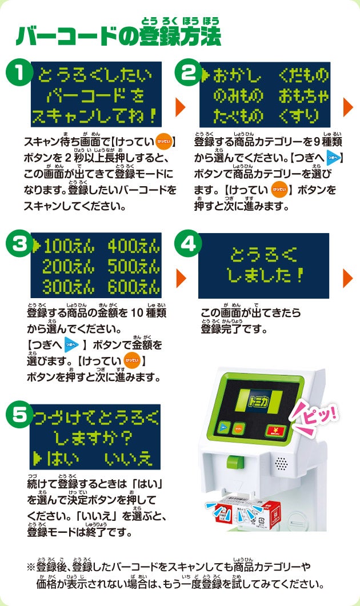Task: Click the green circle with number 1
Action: point(19,73)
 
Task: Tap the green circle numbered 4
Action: point(188,243)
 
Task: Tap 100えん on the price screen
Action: point(69,246)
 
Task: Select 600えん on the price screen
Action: point(134,287)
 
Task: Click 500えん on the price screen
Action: point(134,266)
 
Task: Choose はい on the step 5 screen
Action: point(63,459)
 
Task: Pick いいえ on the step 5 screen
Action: point(128,459)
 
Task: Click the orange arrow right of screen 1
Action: point(181,107)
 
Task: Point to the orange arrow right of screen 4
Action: point(348,278)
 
